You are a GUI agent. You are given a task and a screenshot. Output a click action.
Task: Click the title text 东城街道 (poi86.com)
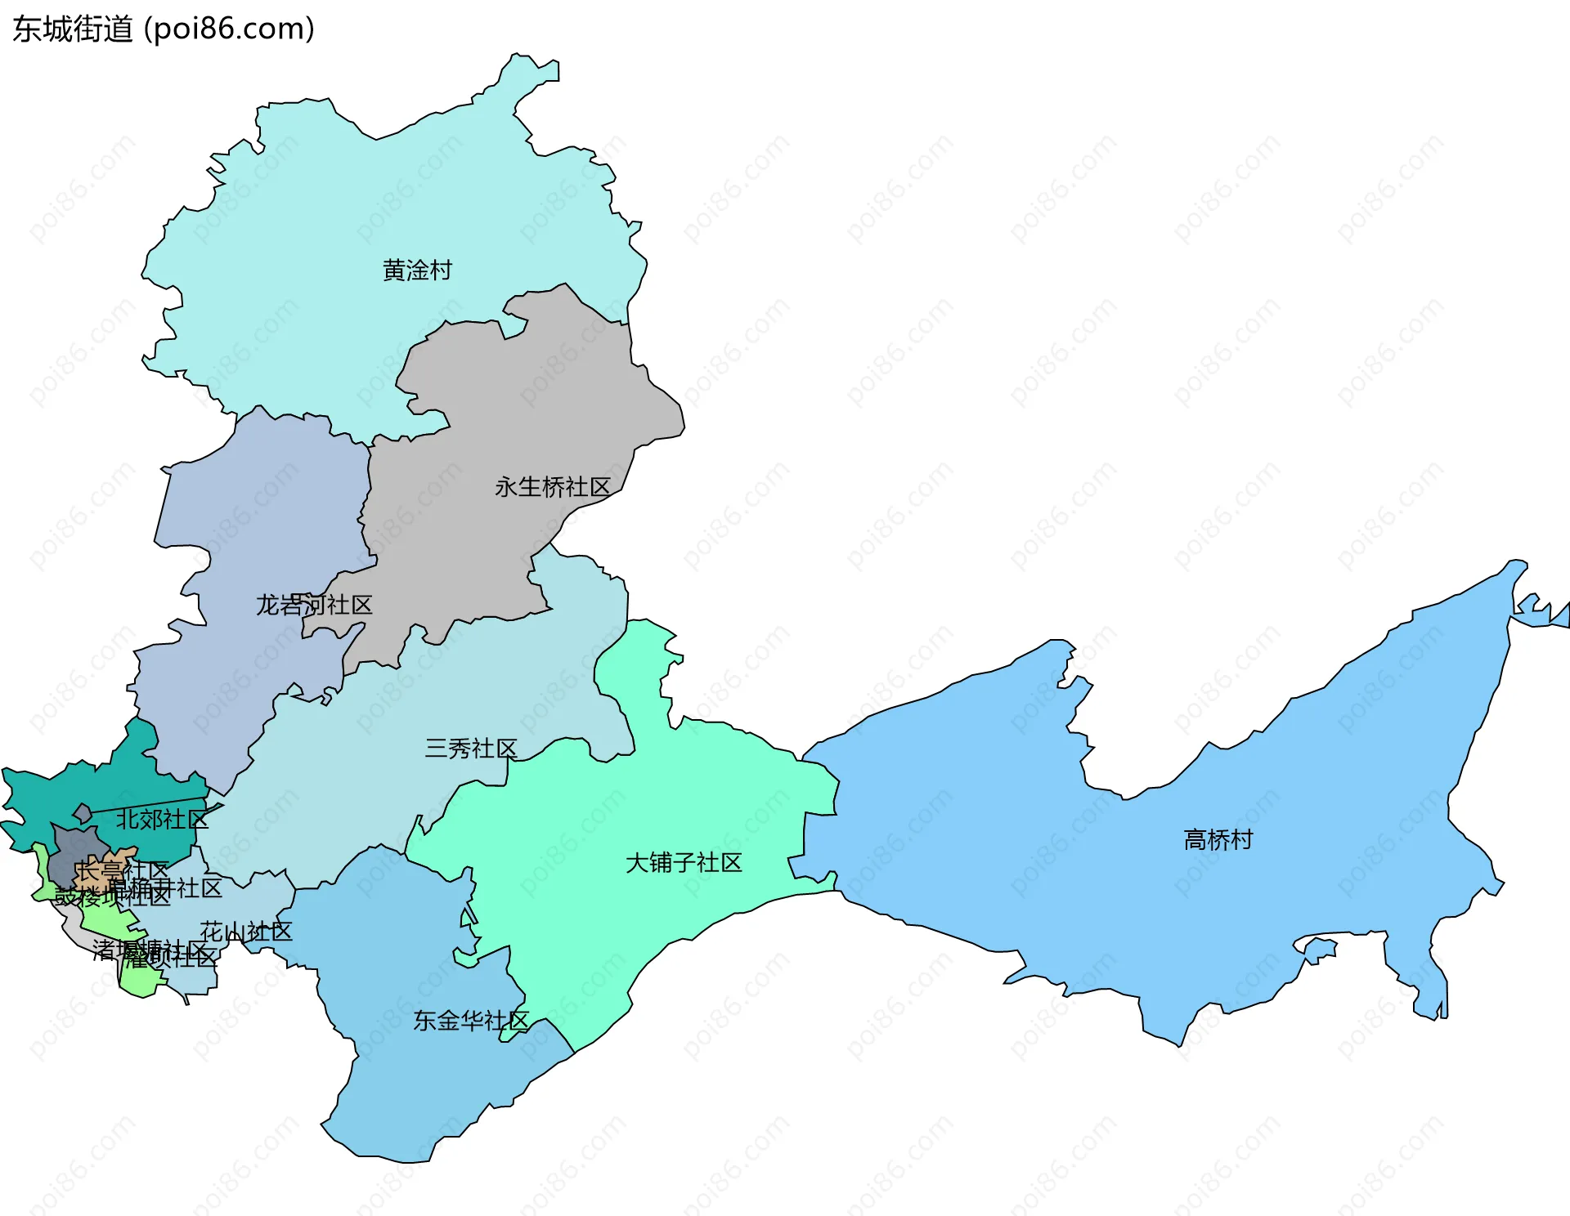click(164, 29)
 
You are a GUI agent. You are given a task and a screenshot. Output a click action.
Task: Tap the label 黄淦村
click(417, 270)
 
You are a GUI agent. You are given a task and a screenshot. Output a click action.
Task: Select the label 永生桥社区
click(553, 487)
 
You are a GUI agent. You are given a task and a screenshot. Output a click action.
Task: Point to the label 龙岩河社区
click(314, 605)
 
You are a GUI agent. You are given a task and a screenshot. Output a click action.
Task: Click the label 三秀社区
click(471, 748)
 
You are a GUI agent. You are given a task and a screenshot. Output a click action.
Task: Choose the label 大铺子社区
click(684, 862)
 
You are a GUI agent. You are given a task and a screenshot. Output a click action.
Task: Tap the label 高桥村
click(1218, 839)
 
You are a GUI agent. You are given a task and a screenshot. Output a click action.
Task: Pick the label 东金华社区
click(471, 1020)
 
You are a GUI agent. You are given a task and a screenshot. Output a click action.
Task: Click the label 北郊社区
click(161, 819)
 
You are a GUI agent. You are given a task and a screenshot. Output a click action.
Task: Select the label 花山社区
click(246, 932)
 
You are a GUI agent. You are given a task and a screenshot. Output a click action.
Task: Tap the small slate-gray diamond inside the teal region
click(82, 813)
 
